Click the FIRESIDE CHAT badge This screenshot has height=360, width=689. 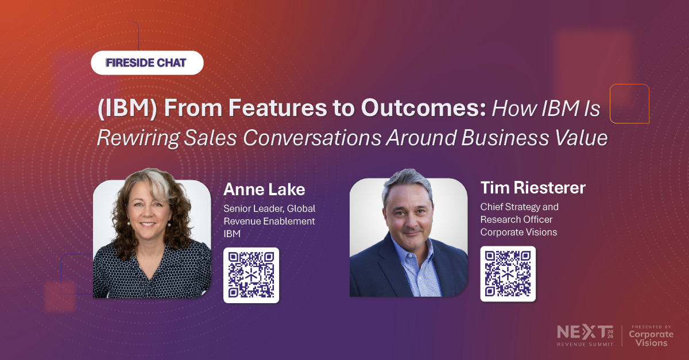(147, 63)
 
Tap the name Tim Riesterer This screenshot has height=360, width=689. (533, 188)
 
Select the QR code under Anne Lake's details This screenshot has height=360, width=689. (251, 275)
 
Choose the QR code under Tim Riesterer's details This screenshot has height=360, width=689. (508, 273)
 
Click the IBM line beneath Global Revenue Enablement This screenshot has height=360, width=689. (232, 234)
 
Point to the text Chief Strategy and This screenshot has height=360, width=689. (519, 207)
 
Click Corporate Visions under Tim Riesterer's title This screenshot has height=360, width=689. (518, 232)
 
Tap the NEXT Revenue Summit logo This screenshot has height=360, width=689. (585, 335)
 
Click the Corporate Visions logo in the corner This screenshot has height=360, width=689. (648, 335)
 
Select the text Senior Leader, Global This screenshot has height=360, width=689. (269, 209)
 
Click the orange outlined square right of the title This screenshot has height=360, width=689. (629, 103)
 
